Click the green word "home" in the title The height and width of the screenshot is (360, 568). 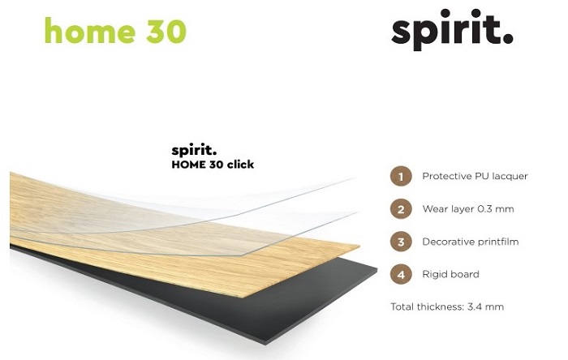click(90, 30)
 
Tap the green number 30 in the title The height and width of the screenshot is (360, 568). click(166, 31)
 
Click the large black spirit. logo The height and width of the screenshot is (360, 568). click(452, 30)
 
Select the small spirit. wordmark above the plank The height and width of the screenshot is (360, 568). click(194, 151)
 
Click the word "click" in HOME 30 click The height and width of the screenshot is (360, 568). click(240, 165)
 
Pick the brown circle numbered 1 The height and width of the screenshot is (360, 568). click(401, 177)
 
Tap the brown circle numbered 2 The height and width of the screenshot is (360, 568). click(401, 209)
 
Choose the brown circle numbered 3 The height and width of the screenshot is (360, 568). click(401, 242)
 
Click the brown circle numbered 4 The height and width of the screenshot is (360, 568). click(401, 274)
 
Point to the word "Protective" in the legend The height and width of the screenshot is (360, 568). click(444, 176)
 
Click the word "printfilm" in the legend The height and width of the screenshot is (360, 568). click(497, 242)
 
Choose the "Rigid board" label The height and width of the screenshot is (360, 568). click(450, 274)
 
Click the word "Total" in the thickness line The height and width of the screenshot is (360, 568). click(402, 306)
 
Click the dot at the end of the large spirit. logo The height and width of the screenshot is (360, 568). click(508, 38)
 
